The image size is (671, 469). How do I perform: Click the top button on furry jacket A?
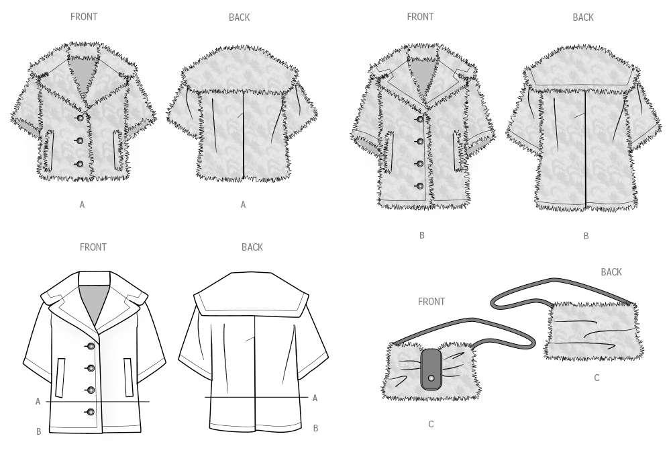click(x=80, y=118)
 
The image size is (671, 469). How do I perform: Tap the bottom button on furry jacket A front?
click(x=80, y=164)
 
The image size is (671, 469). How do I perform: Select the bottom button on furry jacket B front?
click(x=420, y=186)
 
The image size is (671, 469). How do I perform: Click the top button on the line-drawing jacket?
click(x=91, y=346)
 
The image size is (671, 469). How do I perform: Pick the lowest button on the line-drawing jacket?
click(x=91, y=412)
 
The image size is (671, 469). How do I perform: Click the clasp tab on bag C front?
click(x=431, y=369)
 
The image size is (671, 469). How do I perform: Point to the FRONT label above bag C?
click(x=431, y=302)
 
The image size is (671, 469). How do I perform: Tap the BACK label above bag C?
click(x=611, y=272)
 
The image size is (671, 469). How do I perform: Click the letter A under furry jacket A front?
click(x=82, y=205)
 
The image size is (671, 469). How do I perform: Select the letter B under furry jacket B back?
click(x=586, y=237)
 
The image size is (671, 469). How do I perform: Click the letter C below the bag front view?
click(x=431, y=425)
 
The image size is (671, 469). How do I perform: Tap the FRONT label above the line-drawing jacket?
click(x=93, y=247)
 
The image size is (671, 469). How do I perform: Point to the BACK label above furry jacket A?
click(x=240, y=17)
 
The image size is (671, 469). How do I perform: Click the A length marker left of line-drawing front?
click(x=38, y=402)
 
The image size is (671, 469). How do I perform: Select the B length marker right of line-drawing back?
click(x=316, y=428)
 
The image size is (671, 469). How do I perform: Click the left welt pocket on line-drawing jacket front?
click(x=60, y=378)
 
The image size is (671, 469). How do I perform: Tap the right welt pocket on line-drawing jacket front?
click(x=129, y=377)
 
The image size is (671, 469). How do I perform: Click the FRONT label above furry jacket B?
click(x=420, y=17)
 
